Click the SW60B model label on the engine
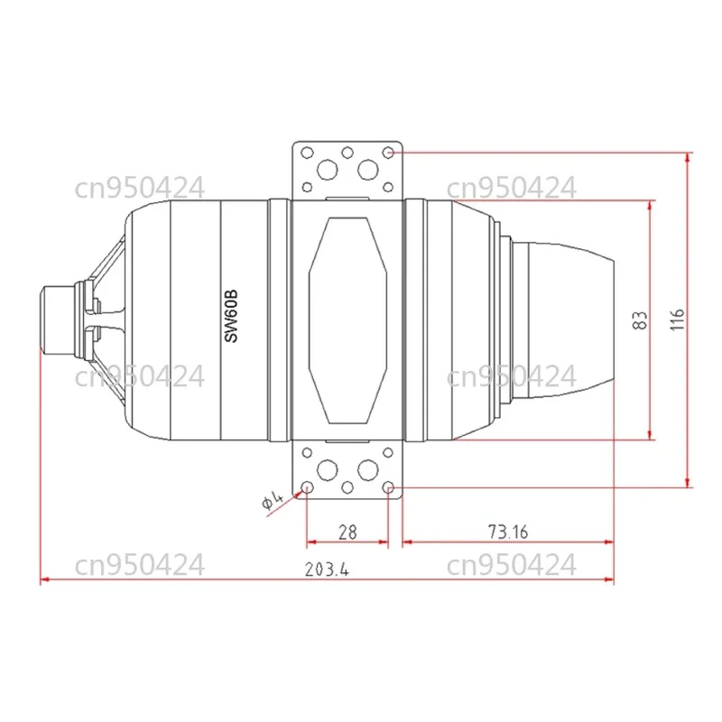(x=231, y=316)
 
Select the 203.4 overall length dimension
(x=327, y=569)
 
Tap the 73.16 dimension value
(x=508, y=532)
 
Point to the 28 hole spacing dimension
(x=347, y=532)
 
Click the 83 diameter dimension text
(x=640, y=320)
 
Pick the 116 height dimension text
(x=677, y=319)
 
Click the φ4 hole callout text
(x=273, y=501)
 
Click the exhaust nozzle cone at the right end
(x=571, y=320)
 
